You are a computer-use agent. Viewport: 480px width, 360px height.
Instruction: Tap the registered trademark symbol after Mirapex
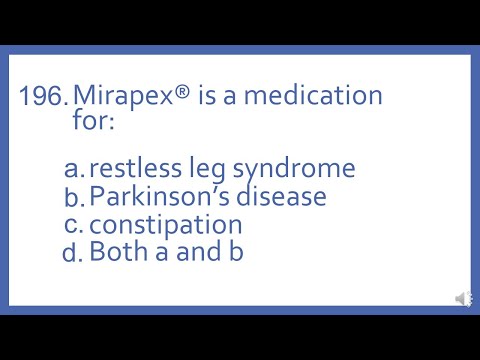pos(178,94)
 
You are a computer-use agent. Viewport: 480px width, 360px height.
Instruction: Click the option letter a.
pos(73,169)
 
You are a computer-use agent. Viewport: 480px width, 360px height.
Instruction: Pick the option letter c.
pos(73,225)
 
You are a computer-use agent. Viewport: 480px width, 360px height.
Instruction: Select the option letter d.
pos(73,253)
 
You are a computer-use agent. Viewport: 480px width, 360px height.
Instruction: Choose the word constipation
pos(165,225)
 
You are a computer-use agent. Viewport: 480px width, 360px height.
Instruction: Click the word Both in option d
pos(116,252)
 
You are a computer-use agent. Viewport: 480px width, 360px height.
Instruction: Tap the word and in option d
pos(197,252)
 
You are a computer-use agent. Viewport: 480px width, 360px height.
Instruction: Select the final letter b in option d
pos(236,252)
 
